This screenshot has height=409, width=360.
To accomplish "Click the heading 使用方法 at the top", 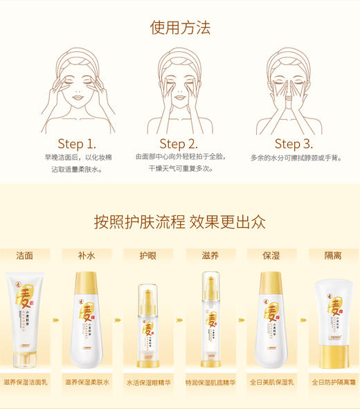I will click(x=180, y=28).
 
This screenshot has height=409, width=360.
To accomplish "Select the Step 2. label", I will click(x=179, y=144).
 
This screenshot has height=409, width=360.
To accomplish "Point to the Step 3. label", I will click(x=294, y=144).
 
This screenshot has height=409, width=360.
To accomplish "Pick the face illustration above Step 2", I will click(x=180, y=90).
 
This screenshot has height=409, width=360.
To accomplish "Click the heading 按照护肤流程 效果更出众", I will click(x=180, y=221).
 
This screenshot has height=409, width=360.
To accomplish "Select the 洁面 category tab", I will click(x=24, y=255).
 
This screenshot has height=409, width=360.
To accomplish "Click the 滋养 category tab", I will click(x=210, y=255).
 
